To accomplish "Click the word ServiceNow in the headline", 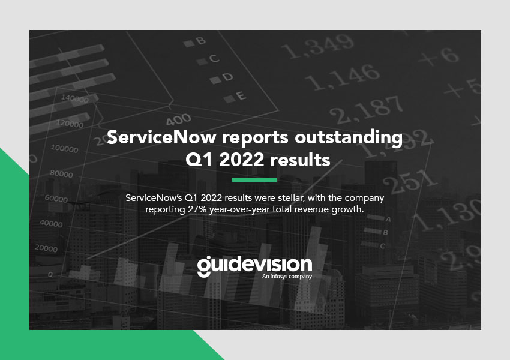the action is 161,137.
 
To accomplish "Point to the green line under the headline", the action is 254,179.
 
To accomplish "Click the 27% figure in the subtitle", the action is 197,209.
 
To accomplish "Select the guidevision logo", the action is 254,266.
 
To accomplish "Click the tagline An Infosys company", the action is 287,277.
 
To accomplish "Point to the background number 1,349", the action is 317,46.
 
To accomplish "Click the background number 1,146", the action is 343,77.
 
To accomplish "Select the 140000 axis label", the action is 75,98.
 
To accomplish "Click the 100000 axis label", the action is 64,149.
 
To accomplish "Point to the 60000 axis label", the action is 56,198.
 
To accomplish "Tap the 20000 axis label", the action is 46,248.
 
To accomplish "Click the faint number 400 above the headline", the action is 178,119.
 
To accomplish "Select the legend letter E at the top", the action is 241,95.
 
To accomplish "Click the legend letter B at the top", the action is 200,41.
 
